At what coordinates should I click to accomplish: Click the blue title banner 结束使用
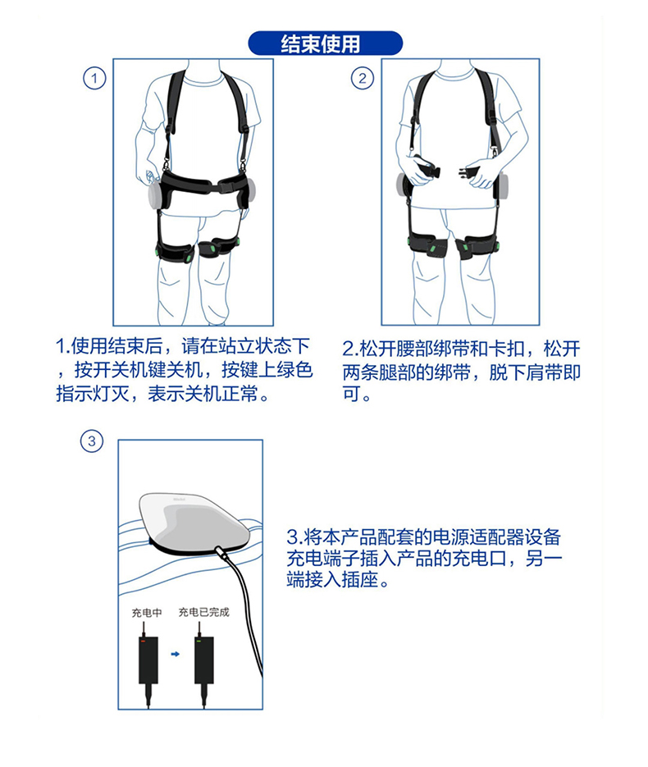pos(325,43)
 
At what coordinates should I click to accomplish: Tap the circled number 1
pos(94,78)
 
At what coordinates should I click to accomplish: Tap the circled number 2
pos(363,78)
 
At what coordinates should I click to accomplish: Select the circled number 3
pos(91,441)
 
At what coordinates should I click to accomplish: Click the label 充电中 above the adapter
pos(147,613)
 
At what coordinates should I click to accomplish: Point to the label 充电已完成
pos(204,612)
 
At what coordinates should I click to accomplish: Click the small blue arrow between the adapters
pos(176,654)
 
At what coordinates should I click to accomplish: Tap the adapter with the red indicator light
pos(148,660)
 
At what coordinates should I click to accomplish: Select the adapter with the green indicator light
pos(204,660)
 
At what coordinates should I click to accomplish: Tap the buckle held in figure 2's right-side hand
pos(467,174)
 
